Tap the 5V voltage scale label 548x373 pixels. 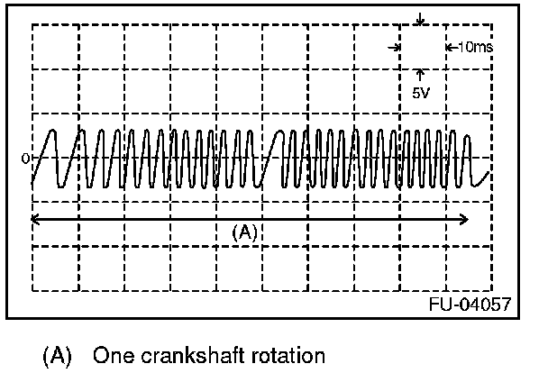pos(421,91)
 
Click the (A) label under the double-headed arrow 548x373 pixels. pos(245,232)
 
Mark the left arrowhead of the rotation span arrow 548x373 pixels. pos(34,217)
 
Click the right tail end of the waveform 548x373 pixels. pos(489,171)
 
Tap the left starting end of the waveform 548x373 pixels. pos(32,185)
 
